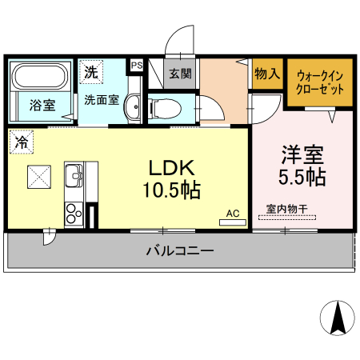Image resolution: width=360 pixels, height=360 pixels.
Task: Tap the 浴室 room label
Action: point(42,105)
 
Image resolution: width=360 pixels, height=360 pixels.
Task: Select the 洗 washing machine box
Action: point(92,71)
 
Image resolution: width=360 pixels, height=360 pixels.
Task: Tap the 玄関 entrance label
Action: point(180,74)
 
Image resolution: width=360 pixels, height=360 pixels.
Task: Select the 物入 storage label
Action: point(267,74)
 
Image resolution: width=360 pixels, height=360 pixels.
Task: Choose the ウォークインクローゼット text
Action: point(319,82)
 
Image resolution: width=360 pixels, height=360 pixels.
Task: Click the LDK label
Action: point(170,169)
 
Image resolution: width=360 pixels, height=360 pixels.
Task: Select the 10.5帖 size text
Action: point(171,191)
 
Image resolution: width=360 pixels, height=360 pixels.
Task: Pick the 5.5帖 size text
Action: point(302,176)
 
